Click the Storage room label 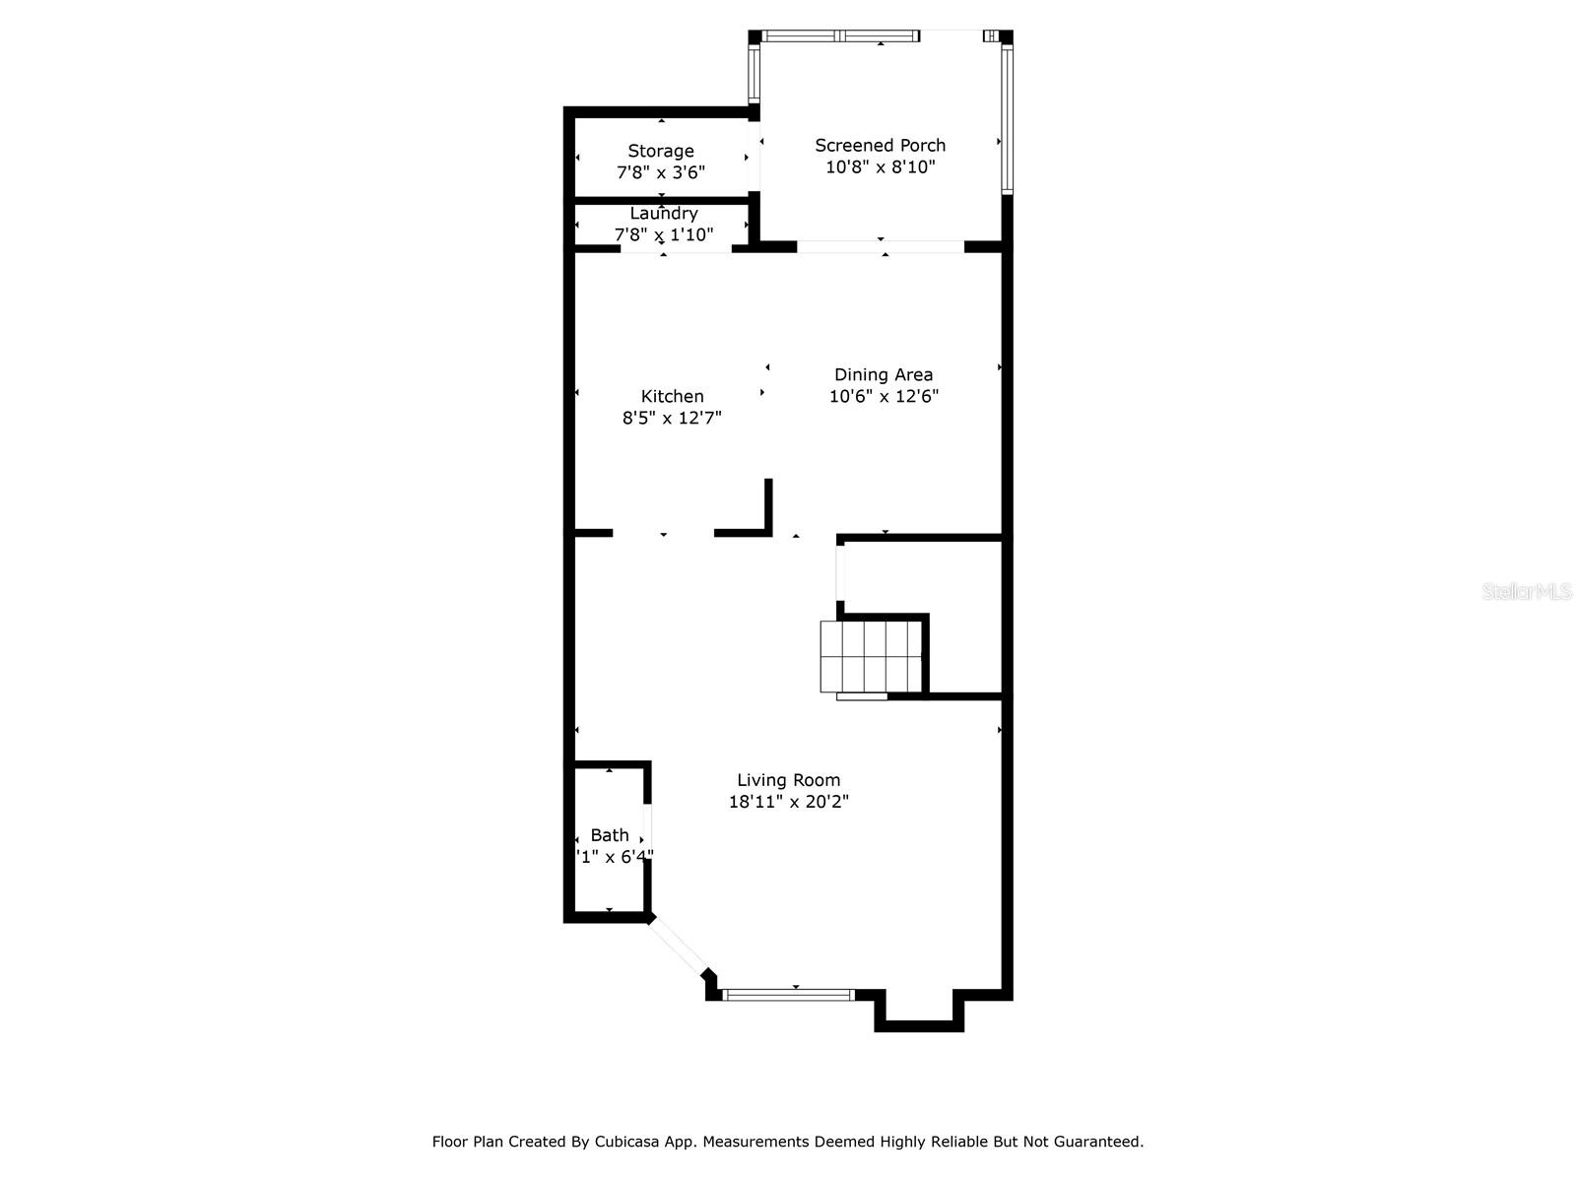coord(661,151)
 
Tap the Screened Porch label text coord(880,145)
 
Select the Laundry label coord(664,214)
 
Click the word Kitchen coord(672,396)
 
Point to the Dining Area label coord(884,374)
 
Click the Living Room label coord(788,780)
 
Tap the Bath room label coord(610,835)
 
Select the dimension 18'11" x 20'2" coord(788,802)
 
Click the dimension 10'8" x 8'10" coord(880,167)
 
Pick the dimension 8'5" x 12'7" coord(672,418)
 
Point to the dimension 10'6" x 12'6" coord(884,396)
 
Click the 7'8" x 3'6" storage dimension coord(661,172)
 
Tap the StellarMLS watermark coord(1526,591)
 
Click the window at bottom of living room coord(788,995)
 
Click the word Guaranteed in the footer coord(1097,1142)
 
